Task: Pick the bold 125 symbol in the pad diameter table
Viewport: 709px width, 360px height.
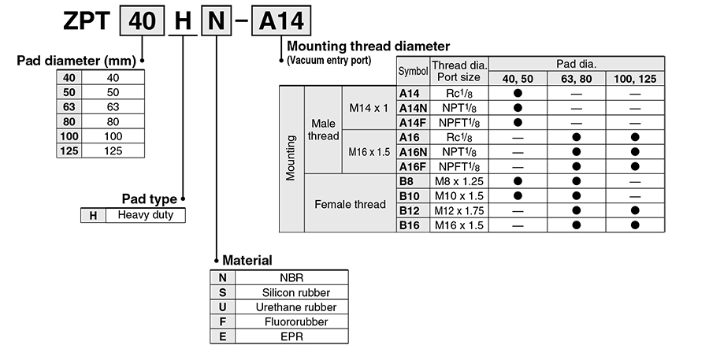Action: tap(69, 150)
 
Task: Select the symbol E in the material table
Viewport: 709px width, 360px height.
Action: tap(223, 336)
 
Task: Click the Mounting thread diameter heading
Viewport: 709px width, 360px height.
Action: tap(369, 46)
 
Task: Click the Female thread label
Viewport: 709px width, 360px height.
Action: tap(350, 204)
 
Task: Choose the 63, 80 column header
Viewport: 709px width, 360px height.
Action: tap(577, 79)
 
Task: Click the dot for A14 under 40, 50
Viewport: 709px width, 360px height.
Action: tap(518, 93)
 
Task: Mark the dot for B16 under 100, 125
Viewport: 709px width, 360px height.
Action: tap(635, 225)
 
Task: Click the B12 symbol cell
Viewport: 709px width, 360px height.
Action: tap(410, 210)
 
